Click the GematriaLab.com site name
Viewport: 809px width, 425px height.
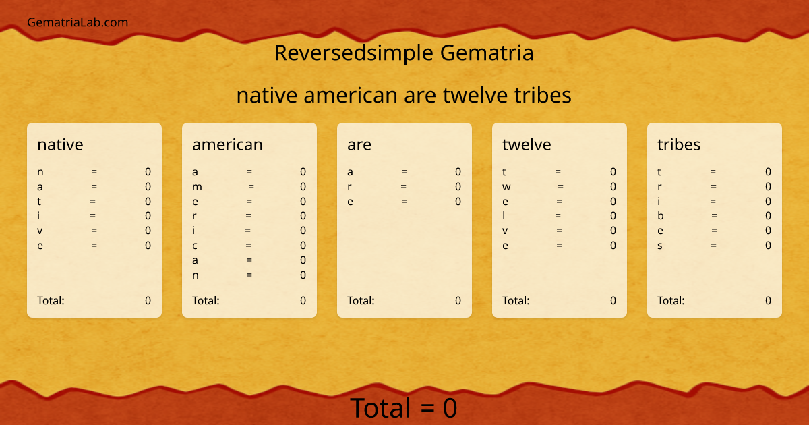(x=78, y=22)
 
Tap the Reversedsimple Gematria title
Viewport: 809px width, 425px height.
(x=404, y=53)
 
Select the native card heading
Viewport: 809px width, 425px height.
(x=60, y=144)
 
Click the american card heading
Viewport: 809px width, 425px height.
(x=227, y=144)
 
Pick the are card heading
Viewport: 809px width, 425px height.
(x=359, y=144)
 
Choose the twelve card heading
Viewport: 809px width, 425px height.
(x=527, y=144)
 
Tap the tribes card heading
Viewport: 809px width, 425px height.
(x=679, y=144)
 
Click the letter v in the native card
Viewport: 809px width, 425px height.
(x=40, y=231)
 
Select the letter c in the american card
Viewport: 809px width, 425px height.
(x=195, y=246)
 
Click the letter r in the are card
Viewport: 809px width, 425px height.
(x=349, y=187)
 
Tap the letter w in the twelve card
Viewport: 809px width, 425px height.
(x=506, y=187)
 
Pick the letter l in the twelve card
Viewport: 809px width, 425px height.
(x=504, y=216)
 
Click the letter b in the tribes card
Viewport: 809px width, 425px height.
(x=661, y=216)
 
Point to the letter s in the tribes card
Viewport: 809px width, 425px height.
(x=660, y=246)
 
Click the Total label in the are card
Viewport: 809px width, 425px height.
(x=361, y=301)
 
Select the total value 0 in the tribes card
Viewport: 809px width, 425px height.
(x=768, y=301)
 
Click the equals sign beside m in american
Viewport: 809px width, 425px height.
(x=251, y=187)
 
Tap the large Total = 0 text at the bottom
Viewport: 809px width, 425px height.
(x=403, y=408)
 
